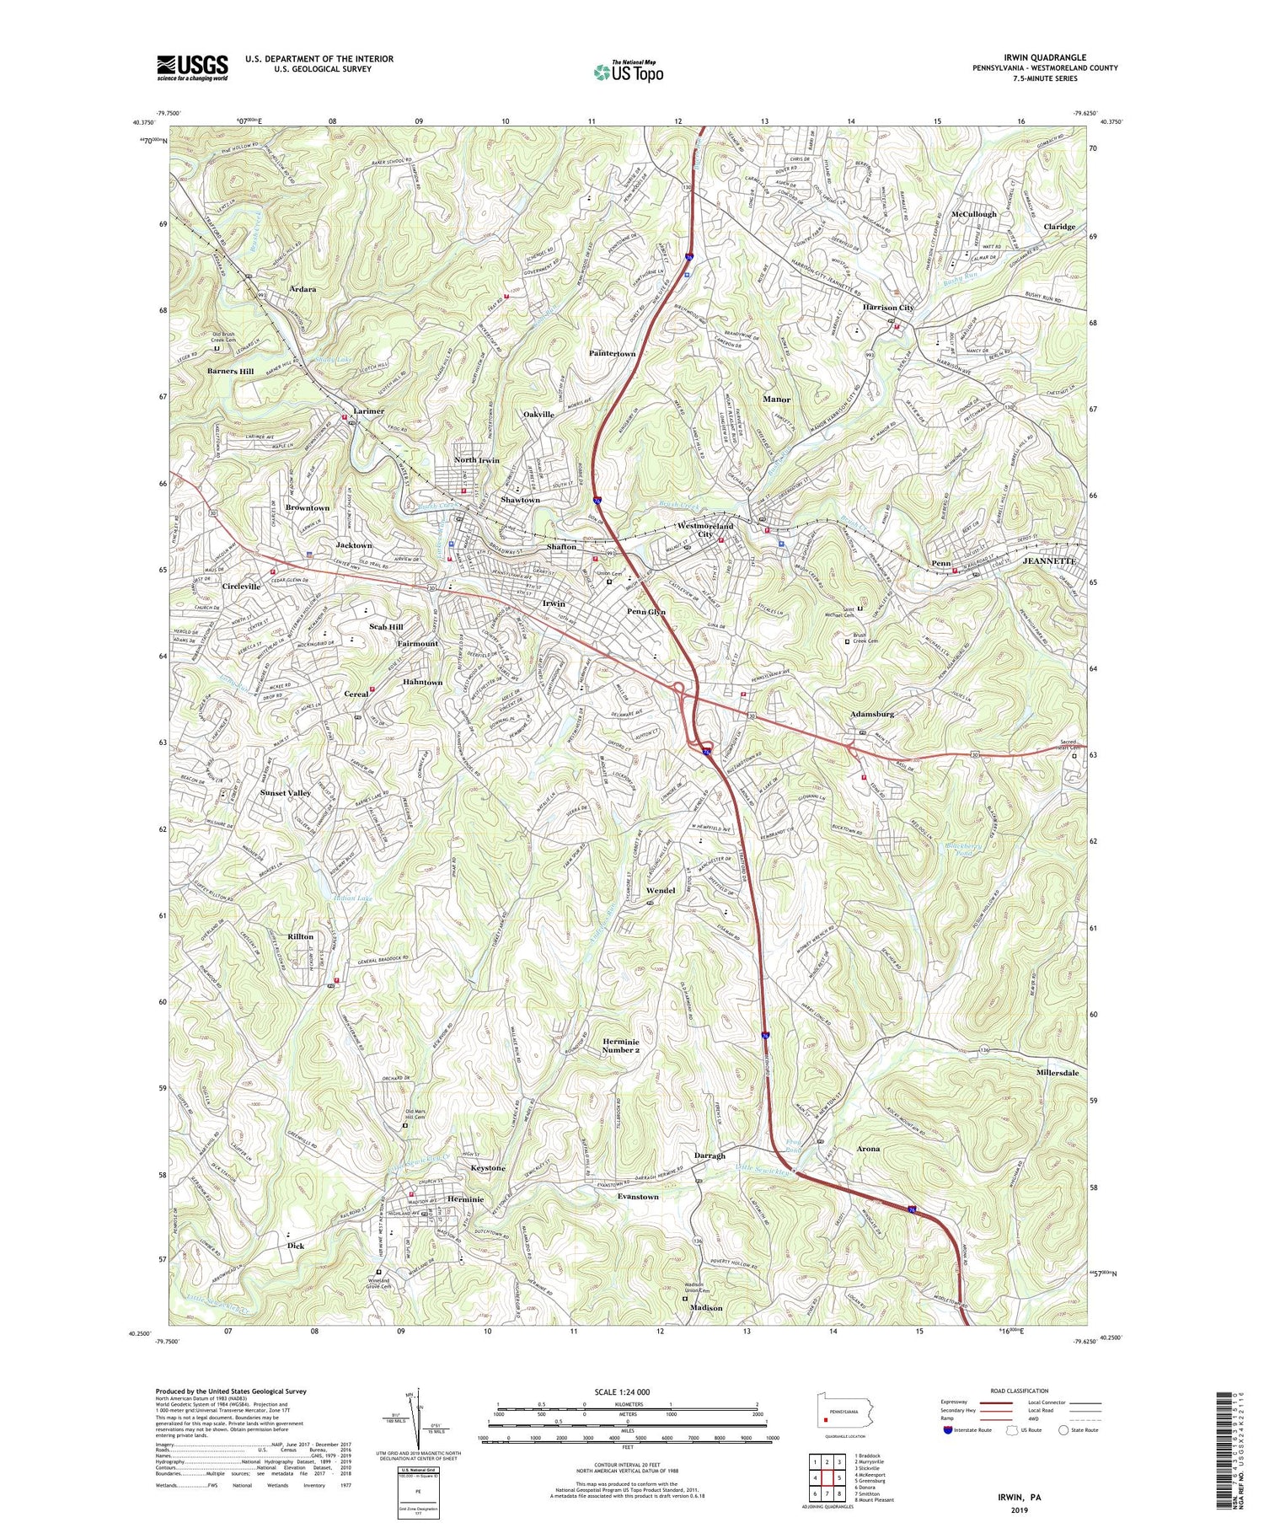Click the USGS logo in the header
(x=192, y=67)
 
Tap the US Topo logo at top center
(x=628, y=72)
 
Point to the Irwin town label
(x=554, y=604)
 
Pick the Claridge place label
(x=1059, y=227)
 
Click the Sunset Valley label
(x=286, y=793)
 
